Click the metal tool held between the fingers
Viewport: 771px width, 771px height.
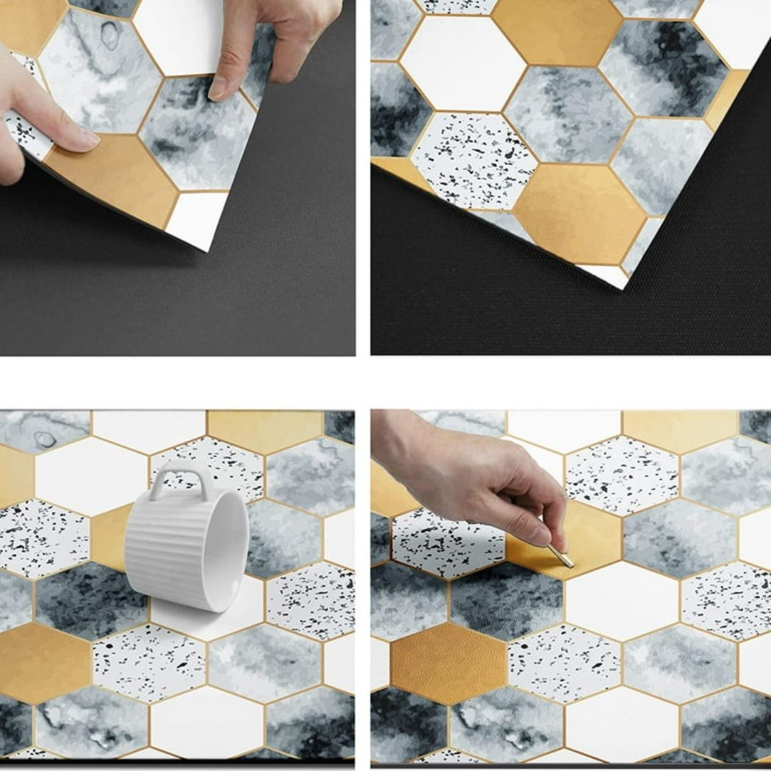coord(560,555)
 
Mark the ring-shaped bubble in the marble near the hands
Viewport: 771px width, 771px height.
coord(110,34)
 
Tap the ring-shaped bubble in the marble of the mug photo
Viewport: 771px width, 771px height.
coord(45,440)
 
